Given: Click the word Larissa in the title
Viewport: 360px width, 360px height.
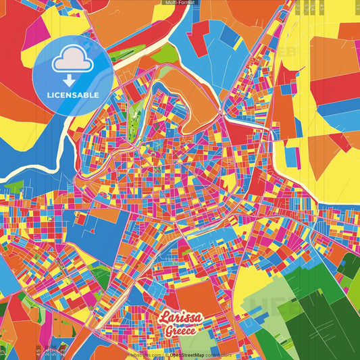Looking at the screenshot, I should click(180, 317).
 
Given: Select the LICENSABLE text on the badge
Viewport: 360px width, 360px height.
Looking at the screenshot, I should click(72, 95).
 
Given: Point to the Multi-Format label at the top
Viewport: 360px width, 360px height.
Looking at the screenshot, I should click(180, 3).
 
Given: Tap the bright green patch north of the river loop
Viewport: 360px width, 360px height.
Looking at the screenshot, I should click(164, 54).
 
